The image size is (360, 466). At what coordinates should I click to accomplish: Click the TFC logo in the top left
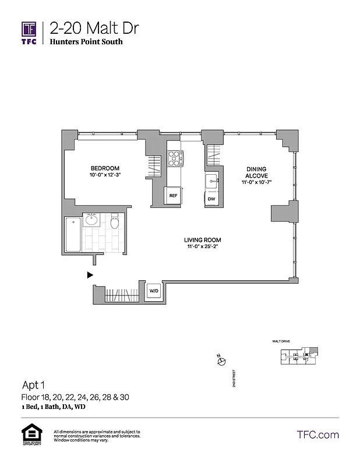pos(29,33)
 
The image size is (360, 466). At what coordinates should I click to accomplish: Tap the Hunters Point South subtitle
pos(86,42)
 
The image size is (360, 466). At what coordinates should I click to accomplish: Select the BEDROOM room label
pos(105,168)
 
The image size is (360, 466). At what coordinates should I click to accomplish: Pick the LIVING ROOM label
pos(202,240)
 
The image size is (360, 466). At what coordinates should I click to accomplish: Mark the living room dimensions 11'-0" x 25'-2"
pos(202,247)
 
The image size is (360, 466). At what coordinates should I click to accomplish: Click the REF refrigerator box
pos(173,196)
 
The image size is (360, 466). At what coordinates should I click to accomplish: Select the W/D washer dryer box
pos(154,290)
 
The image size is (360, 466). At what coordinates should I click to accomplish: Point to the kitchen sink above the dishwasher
pos(211,181)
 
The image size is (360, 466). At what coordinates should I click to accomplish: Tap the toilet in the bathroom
pos(115,221)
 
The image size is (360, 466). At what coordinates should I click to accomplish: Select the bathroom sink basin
pos(91,220)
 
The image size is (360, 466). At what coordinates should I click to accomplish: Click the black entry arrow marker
pos(90,274)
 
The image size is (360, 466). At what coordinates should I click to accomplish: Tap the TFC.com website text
pos(317,435)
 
